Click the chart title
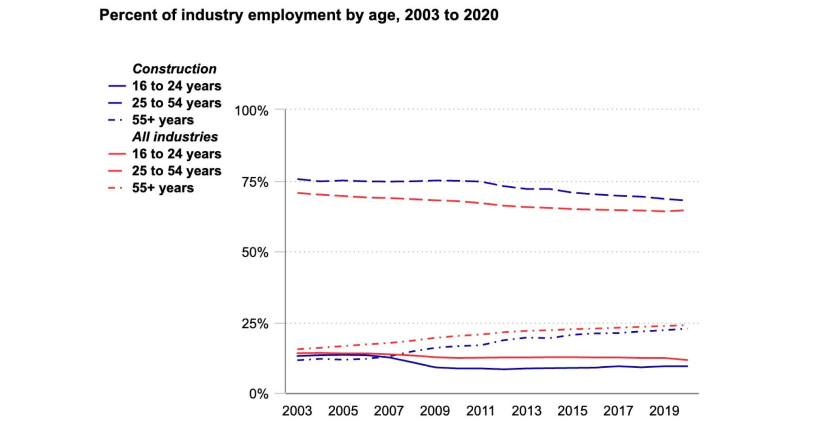(299, 15)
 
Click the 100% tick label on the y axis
(251, 111)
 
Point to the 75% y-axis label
(255, 182)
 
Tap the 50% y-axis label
(255, 252)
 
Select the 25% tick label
(255, 324)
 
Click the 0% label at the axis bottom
(258, 394)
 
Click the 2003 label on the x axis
(297, 411)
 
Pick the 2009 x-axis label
(435, 411)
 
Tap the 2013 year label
(526, 411)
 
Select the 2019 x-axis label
(664, 411)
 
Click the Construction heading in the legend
(174, 69)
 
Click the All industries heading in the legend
(175, 137)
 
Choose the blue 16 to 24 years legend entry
(176, 86)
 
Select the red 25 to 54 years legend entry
(176, 171)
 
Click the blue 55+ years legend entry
(162, 120)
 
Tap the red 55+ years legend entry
(162, 188)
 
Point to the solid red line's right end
(687, 360)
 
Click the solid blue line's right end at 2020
(687, 366)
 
